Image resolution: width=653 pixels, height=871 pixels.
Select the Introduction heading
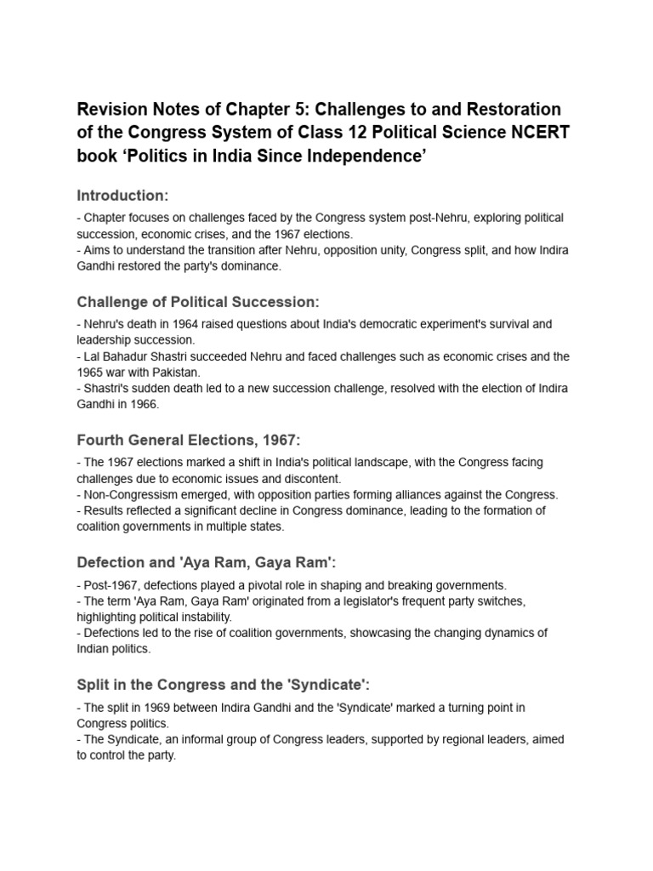122,196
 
